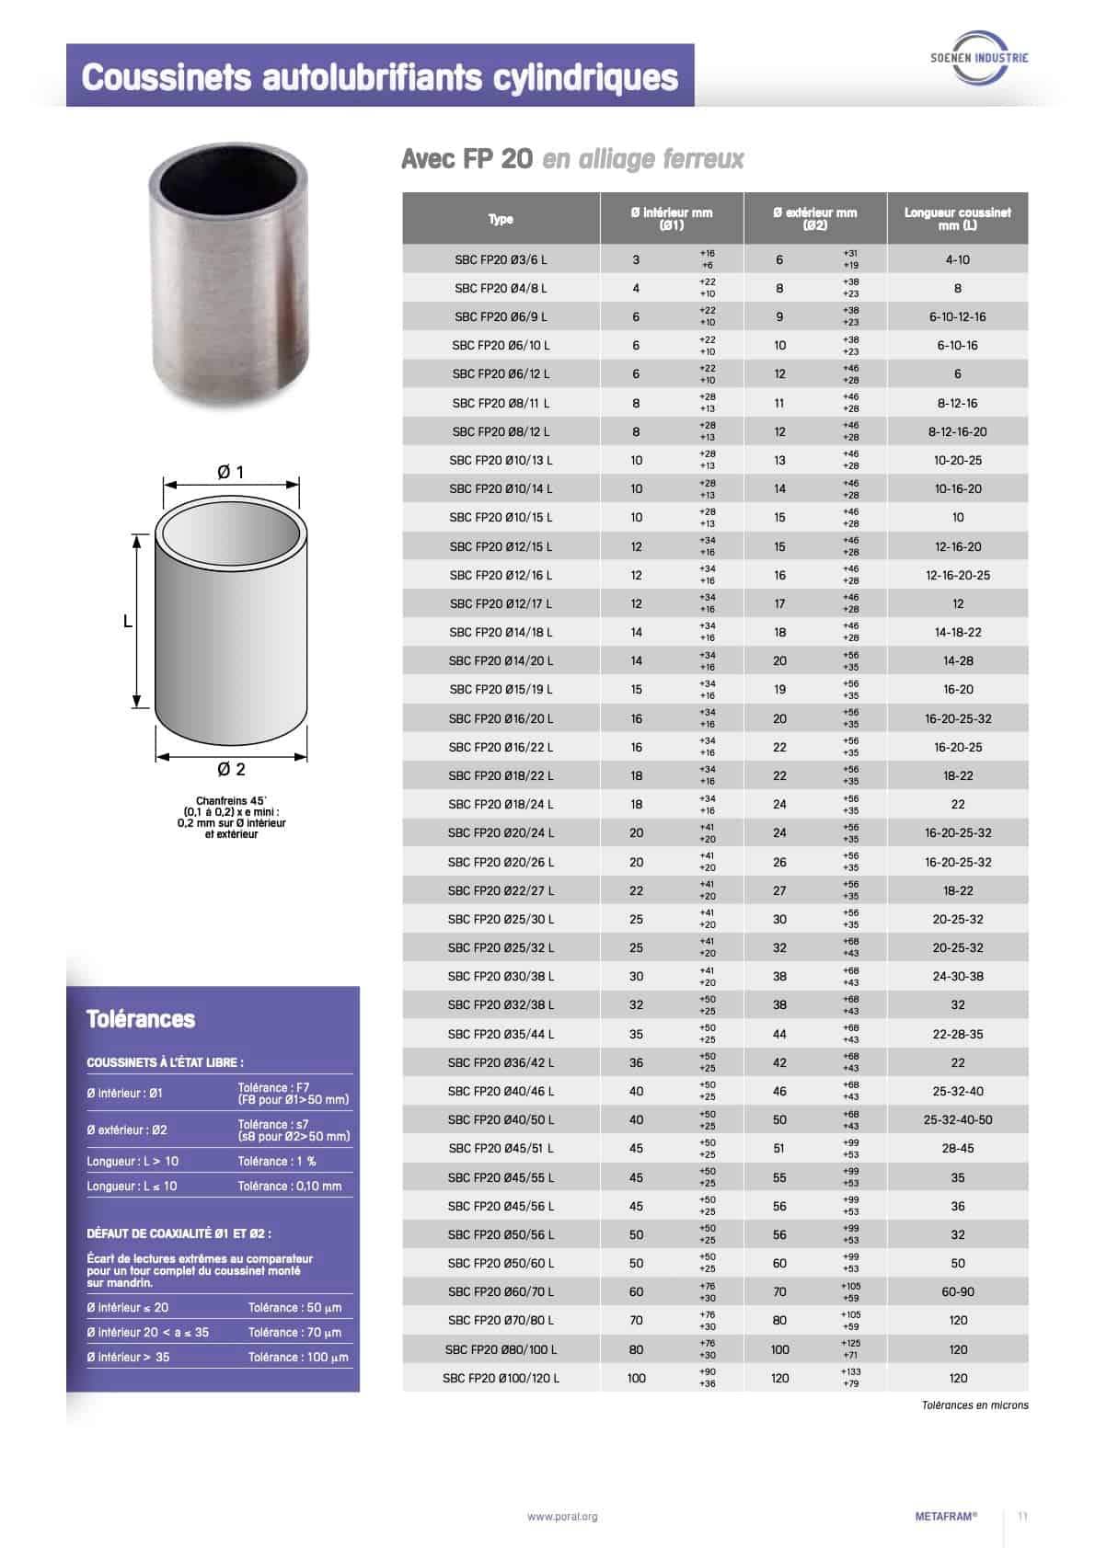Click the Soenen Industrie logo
point(979,58)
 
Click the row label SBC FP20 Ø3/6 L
point(501,259)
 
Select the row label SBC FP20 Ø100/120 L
point(501,1378)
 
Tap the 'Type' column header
point(501,219)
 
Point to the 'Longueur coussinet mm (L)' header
point(957,218)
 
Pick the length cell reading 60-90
point(957,1291)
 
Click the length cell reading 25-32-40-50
point(957,1119)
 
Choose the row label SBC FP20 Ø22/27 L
point(501,890)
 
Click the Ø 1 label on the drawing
point(231,472)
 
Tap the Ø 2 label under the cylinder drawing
point(231,769)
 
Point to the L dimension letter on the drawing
point(128,622)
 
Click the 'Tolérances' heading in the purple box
point(141,1019)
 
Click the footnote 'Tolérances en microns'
point(974,1405)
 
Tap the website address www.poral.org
point(562,1517)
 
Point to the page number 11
point(1022,1517)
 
